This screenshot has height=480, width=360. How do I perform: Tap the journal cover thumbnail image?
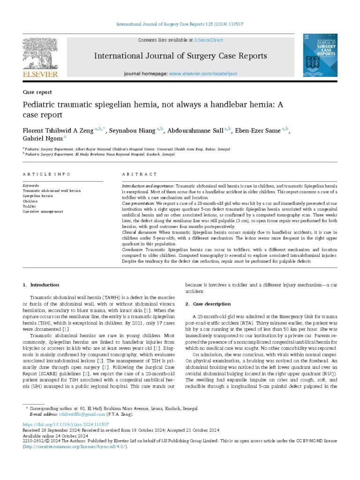pos(320,55)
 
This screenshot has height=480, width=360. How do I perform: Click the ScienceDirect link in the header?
pos(209,40)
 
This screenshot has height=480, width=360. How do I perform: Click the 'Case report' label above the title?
pos(37,92)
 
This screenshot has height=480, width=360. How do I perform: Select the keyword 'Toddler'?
pos(30,206)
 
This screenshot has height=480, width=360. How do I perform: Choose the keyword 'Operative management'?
pos(43,211)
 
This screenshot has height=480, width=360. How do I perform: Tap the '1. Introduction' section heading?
pos(41,285)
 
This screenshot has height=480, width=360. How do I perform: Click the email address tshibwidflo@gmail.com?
pos(75,414)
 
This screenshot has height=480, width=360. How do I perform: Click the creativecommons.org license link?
pos(75,447)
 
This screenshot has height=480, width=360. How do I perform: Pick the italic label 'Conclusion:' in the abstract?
pos(133,250)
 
